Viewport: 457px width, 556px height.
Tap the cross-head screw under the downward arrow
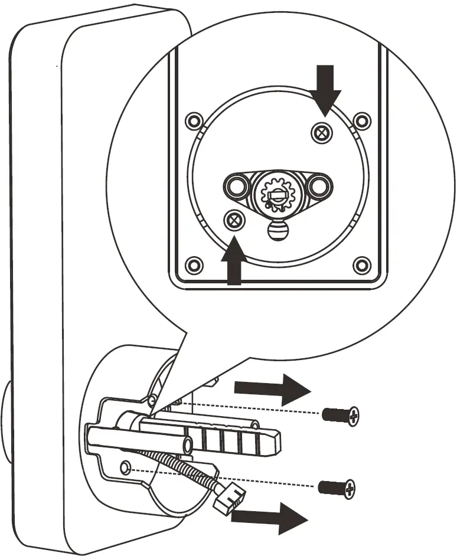coord(321,133)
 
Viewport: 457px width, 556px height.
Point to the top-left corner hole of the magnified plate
coord(193,122)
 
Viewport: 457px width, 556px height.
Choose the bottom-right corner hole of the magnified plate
coord(361,263)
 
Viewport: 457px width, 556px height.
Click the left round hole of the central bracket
coord(237,186)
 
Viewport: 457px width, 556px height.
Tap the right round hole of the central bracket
coord(319,186)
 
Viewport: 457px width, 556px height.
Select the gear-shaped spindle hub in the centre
coord(277,192)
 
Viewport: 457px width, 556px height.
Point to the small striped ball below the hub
coord(276,230)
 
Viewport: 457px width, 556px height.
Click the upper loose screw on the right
coord(341,416)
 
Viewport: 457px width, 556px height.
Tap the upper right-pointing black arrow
coord(272,389)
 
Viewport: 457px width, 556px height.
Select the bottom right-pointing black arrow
coord(269,517)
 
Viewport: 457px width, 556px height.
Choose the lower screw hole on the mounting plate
coord(125,468)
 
